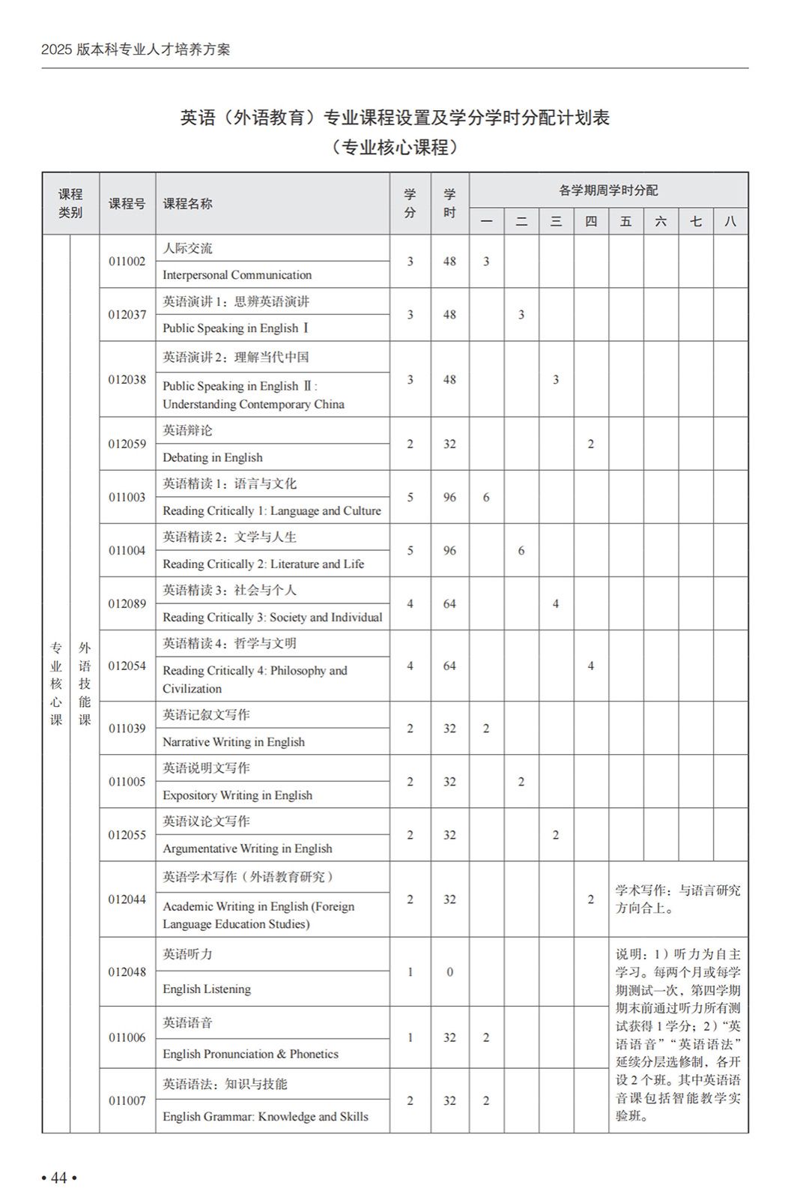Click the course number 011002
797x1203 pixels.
click(x=127, y=262)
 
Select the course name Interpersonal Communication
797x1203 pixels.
click(x=237, y=275)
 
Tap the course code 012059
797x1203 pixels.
click(x=127, y=444)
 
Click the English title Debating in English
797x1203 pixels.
click(x=212, y=457)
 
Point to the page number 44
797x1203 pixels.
click(x=59, y=1178)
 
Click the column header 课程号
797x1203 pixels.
click(x=127, y=204)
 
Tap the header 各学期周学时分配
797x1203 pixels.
click(x=607, y=190)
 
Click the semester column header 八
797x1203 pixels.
click(x=730, y=221)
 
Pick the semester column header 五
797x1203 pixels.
click(x=625, y=221)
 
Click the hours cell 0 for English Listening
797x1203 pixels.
click(x=449, y=972)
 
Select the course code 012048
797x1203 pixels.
click(x=127, y=972)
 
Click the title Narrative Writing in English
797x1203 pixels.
click(x=234, y=742)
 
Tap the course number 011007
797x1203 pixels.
click(x=127, y=1100)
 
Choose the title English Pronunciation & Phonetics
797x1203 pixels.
click(x=250, y=1054)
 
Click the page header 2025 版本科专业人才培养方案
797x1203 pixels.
click(x=136, y=49)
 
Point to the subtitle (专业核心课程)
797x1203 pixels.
click(x=395, y=148)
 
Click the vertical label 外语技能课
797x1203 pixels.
click(x=85, y=684)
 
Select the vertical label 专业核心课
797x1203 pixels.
click(x=56, y=684)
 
